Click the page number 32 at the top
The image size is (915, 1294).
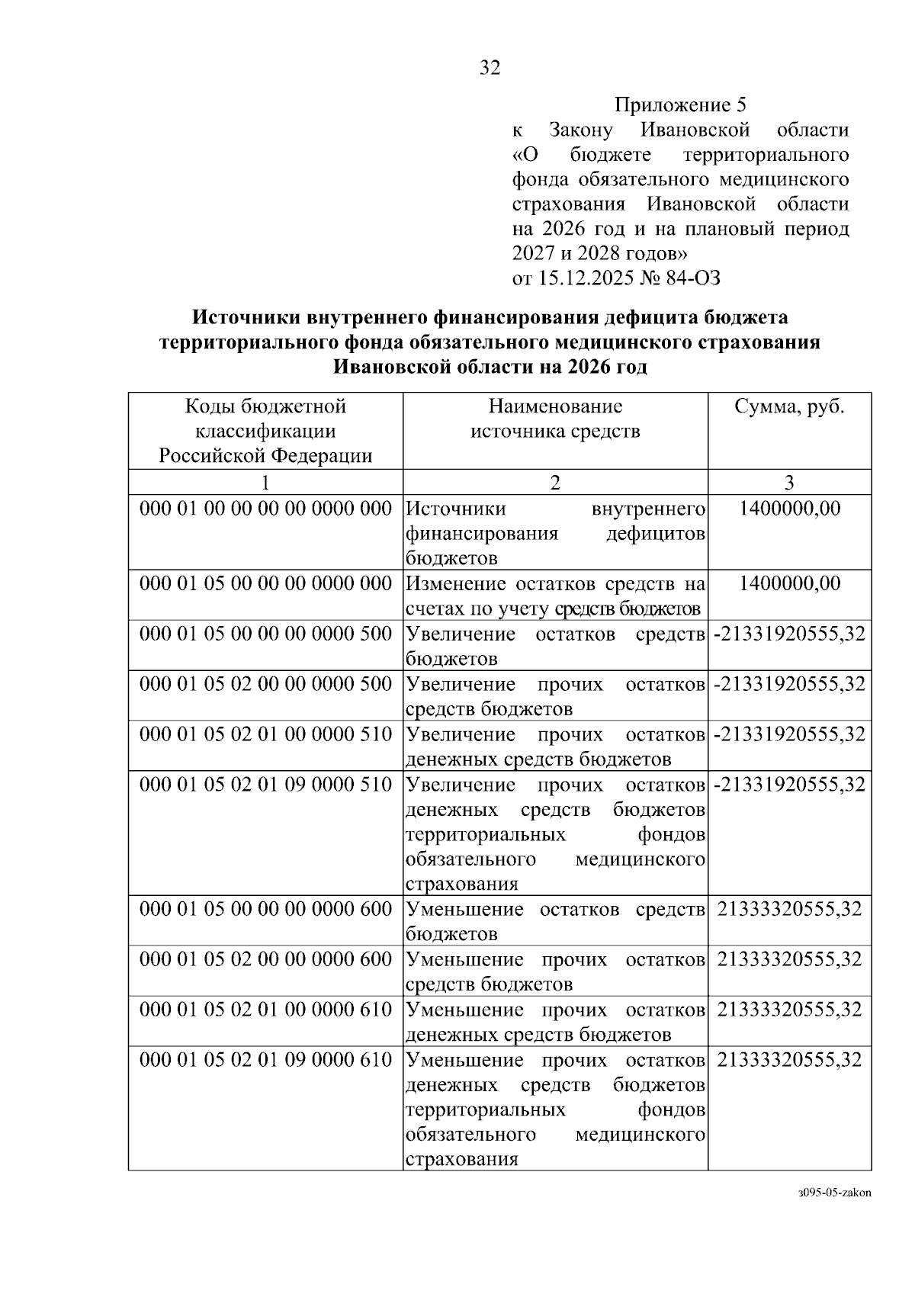[490, 69]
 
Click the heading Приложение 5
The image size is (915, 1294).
[681, 105]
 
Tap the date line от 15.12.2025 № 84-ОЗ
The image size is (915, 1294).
[615, 278]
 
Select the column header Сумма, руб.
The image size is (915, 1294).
[789, 406]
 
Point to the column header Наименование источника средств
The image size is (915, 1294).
[555, 419]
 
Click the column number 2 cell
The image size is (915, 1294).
[555, 482]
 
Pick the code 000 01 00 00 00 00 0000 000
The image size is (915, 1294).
[265, 509]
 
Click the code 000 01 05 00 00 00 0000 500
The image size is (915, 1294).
[265, 634]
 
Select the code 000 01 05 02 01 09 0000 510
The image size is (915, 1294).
[265, 784]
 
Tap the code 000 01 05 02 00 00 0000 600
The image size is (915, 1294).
[265, 959]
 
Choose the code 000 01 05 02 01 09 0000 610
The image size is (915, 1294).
[265, 1060]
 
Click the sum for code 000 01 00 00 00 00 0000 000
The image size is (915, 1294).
[789, 509]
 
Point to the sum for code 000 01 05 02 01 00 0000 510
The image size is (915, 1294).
[789, 734]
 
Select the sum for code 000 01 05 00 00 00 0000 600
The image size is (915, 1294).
[789, 909]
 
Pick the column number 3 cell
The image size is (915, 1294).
[789, 482]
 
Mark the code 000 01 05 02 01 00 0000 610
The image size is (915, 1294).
[265, 1010]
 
